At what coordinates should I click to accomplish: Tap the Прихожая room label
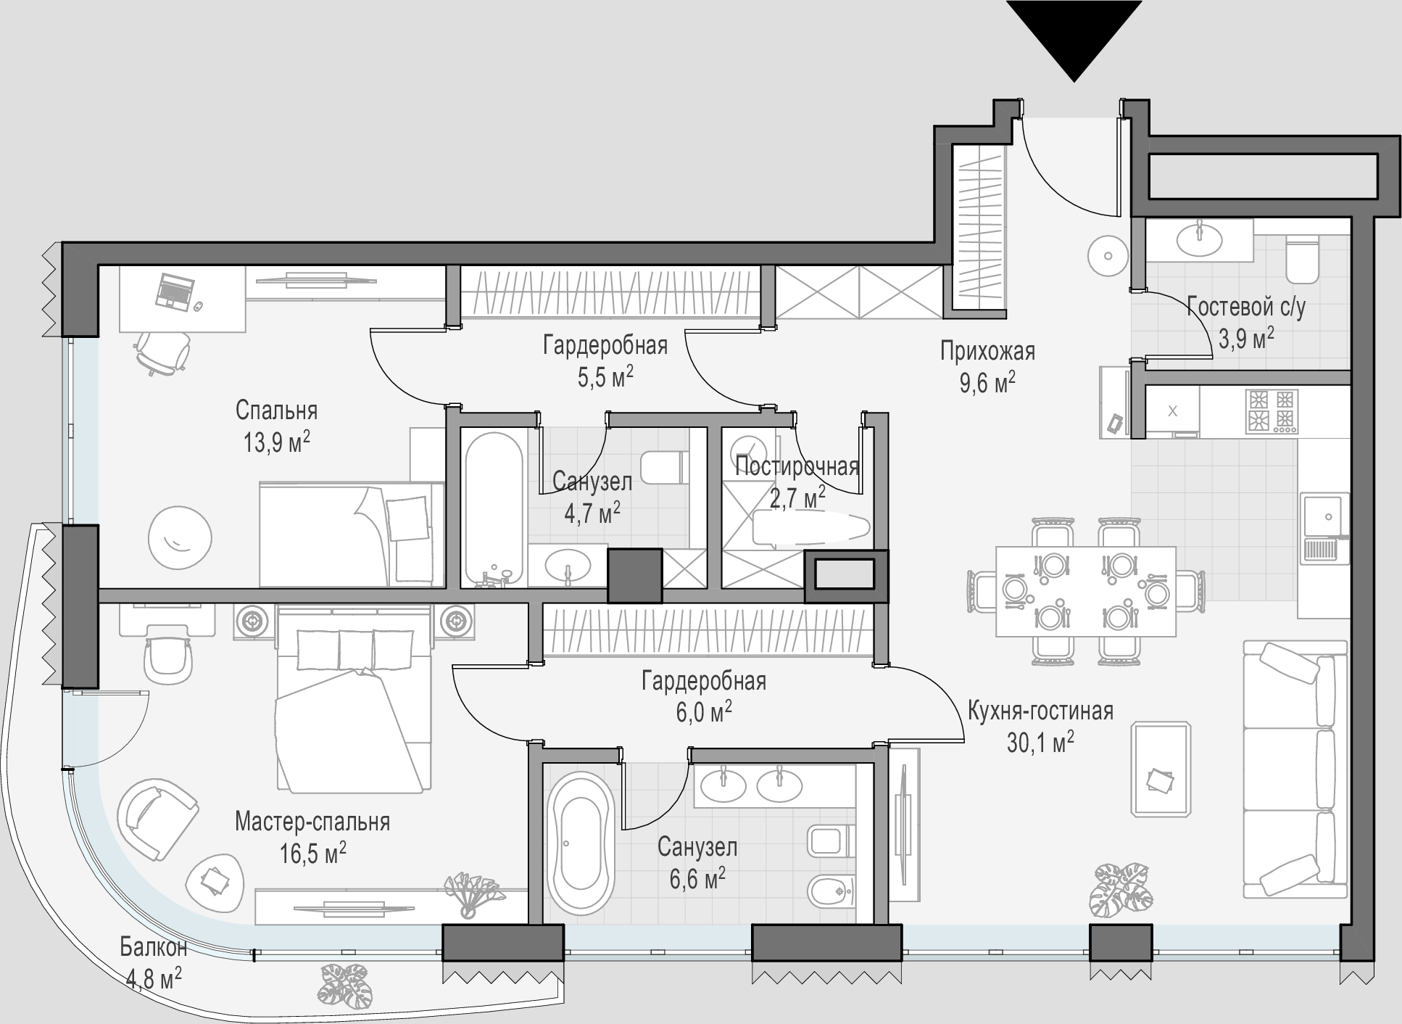(x=987, y=352)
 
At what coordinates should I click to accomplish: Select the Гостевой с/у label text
(x=1246, y=307)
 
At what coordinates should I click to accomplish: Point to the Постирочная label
(x=797, y=466)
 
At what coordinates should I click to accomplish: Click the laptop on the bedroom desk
(x=174, y=291)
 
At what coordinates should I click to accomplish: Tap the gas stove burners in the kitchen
(x=1272, y=411)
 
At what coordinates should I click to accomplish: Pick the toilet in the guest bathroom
(x=1302, y=258)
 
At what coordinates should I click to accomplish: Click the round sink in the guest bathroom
(x=1199, y=239)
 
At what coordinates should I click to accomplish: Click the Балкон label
(x=154, y=947)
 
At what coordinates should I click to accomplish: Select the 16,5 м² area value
(x=312, y=851)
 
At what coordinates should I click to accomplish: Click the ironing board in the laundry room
(x=811, y=527)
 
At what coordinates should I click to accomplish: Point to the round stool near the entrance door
(x=1108, y=256)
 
